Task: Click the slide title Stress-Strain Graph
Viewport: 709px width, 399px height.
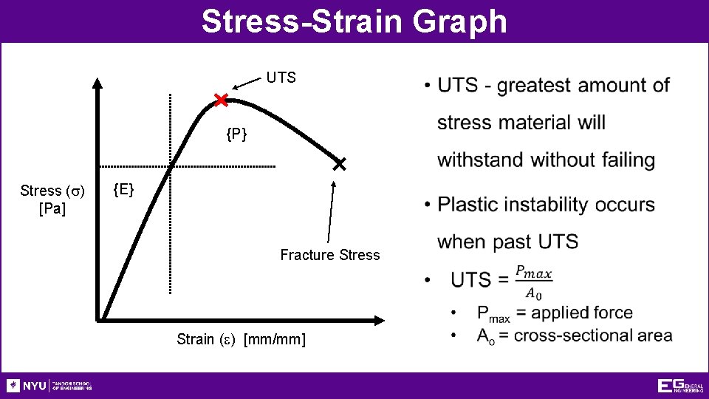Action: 354,21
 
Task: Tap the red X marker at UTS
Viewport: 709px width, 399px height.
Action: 221,100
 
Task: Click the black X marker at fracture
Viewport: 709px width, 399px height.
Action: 339,164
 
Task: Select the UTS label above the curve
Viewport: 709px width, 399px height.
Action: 281,78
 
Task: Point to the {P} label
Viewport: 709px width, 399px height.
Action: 236,134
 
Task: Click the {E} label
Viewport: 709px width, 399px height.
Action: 123,191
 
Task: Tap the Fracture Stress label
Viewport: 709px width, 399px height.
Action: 329,255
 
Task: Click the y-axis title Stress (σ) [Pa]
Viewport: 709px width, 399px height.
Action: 52,199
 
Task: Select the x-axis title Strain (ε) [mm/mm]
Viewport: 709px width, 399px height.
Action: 241,339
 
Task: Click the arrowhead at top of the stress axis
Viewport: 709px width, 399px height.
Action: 97,83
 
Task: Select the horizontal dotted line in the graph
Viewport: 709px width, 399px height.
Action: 222,166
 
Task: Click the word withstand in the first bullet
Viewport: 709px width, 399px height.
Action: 480,160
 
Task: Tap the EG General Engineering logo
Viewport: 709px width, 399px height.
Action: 679,386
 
